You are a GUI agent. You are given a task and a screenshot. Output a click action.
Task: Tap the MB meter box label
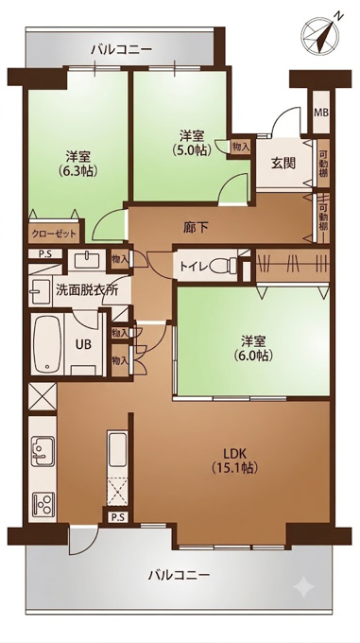pos(321,113)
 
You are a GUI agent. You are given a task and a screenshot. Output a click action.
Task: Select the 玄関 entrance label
pos(283,164)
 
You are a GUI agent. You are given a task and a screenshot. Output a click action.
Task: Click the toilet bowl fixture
pos(224,267)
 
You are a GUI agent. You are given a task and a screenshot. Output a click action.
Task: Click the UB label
pos(83,344)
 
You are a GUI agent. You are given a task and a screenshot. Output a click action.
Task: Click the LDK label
pos(234,453)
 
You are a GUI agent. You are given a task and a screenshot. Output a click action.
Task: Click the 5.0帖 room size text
pos(191,150)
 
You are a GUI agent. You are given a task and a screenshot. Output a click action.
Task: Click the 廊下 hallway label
pos(195,227)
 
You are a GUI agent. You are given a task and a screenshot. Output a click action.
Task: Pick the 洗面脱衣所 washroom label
pos(87,290)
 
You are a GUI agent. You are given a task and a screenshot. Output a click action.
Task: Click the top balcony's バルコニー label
pos(122,50)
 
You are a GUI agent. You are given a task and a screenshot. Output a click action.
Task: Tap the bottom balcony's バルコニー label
pos(179,575)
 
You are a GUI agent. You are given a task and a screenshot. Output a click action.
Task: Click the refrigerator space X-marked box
pos(42,396)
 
